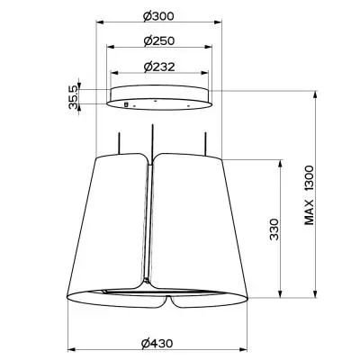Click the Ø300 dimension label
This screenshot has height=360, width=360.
tap(158, 15)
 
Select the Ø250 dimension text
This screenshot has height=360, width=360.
tap(159, 40)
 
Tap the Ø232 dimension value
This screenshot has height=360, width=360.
tap(159, 67)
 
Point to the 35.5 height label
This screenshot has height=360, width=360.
tap(73, 96)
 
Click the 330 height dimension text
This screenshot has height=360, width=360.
tap(274, 229)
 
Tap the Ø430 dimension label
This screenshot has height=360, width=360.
tap(157, 344)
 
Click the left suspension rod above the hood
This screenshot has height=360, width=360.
tap(120, 144)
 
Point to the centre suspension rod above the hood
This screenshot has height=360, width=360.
tap(153, 141)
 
